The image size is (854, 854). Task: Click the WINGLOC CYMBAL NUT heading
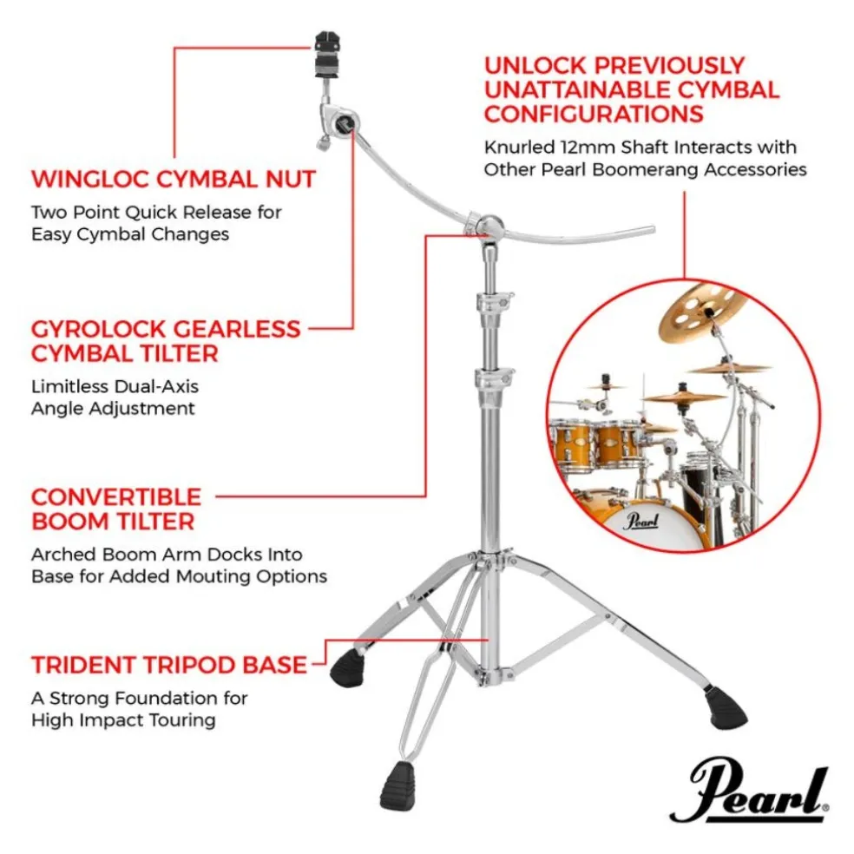[174, 179]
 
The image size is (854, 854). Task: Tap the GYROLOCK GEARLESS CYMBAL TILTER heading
[166, 341]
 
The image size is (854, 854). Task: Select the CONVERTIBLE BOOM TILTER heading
[116, 509]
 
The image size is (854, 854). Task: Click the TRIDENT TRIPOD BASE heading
[169, 665]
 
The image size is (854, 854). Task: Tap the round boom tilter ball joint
[488, 226]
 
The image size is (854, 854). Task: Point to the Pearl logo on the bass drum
[641, 520]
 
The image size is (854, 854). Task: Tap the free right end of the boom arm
[652, 228]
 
